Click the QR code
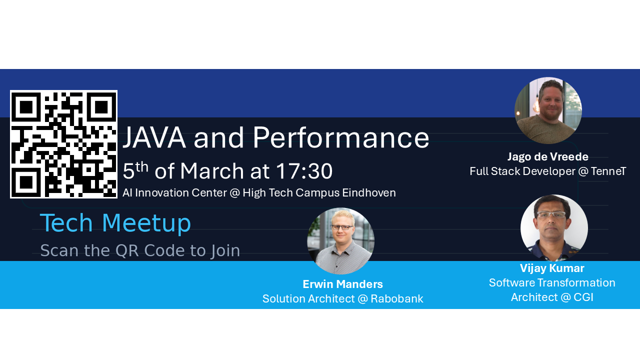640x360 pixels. point(63,144)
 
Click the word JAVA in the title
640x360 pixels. point(154,137)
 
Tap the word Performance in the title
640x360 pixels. point(341,137)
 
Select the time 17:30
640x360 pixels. point(304,171)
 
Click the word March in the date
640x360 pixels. point(211,171)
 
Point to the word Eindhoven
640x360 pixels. point(369,193)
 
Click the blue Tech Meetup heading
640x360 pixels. point(115,223)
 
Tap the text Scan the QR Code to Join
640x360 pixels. point(140,250)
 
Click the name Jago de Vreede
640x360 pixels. point(547,156)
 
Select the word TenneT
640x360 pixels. point(608,171)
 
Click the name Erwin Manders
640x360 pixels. point(342,284)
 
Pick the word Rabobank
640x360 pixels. point(397,299)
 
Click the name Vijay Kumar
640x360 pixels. point(552,268)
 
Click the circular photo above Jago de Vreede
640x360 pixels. point(548,110)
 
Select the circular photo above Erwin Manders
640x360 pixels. point(340,241)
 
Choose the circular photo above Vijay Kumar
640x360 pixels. point(554,228)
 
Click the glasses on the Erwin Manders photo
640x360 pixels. point(342,227)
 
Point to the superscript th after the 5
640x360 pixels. point(141,167)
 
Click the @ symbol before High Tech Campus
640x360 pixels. point(234,193)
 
